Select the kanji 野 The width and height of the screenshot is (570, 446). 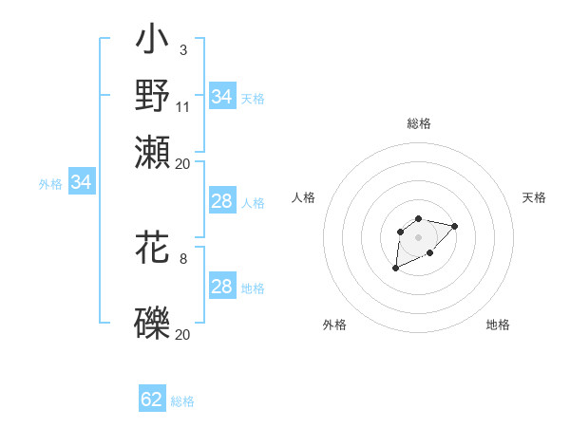(x=152, y=95)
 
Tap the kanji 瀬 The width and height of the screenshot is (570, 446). (x=152, y=152)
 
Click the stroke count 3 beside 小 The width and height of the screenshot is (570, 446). (x=182, y=49)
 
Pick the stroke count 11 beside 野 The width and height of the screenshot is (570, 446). (x=183, y=106)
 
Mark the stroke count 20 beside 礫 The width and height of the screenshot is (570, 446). (x=183, y=334)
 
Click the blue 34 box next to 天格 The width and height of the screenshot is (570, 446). (x=221, y=97)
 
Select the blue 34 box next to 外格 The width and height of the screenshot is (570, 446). (x=81, y=183)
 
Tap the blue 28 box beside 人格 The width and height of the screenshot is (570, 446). (x=221, y=201)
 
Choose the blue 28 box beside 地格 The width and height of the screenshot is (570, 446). (x=221, y=287)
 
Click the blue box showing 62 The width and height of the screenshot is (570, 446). (x=152, y=400)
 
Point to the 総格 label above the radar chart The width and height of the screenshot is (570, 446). (x=418, y=123)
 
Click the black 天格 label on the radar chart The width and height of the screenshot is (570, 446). (x=534, y=197)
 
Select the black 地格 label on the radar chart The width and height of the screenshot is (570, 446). (x=498, y=325)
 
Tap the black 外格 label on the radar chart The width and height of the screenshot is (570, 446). (x=334, y=325)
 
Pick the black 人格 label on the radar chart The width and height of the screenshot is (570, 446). (x=304, y=197)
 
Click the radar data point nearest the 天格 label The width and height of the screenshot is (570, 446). (x=454, y=226)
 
